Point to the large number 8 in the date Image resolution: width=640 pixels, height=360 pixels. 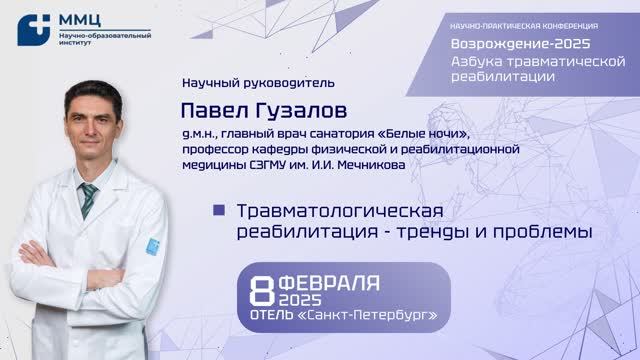click(262, 291)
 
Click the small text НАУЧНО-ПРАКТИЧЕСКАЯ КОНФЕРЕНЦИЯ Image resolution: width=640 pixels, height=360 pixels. click(522, 24)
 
